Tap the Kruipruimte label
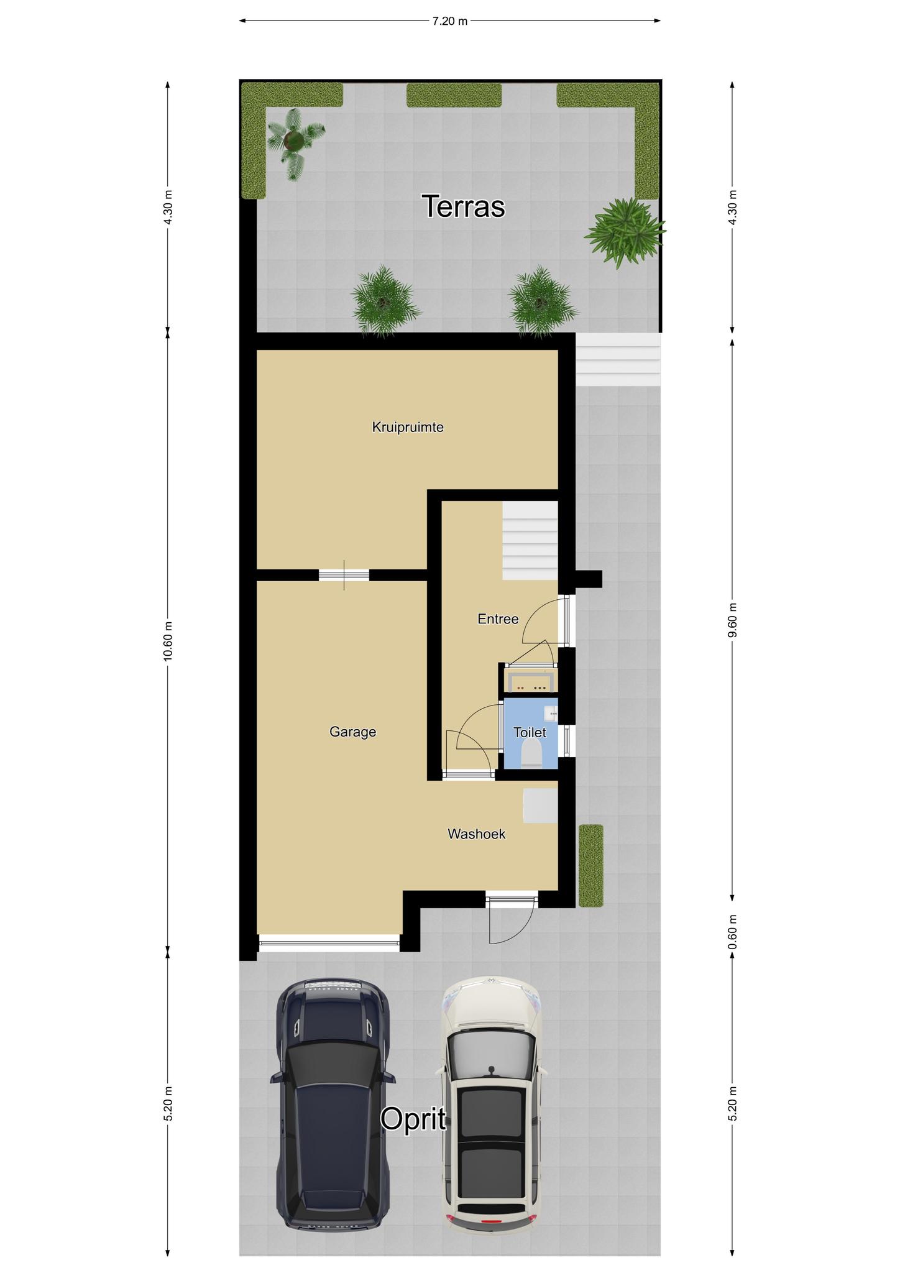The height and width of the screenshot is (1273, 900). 408,427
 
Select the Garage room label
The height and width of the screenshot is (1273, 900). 352,732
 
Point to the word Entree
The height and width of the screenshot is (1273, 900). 498,619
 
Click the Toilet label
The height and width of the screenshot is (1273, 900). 530,733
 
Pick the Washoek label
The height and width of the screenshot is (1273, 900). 477,834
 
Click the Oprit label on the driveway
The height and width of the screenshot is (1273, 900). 413,1119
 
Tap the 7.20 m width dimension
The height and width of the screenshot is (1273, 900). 449,21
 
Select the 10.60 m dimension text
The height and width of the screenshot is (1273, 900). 168,641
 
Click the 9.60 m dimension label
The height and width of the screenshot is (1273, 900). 732,620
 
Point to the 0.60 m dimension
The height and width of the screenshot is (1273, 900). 732,931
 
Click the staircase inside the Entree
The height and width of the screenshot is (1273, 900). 530,541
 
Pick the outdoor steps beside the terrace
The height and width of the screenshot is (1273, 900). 618,360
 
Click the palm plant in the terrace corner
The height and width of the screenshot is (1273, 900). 294,142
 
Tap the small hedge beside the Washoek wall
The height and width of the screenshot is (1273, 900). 591,865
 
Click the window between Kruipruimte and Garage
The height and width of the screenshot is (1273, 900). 344,575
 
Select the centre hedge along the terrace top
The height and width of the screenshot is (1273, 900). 454,96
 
